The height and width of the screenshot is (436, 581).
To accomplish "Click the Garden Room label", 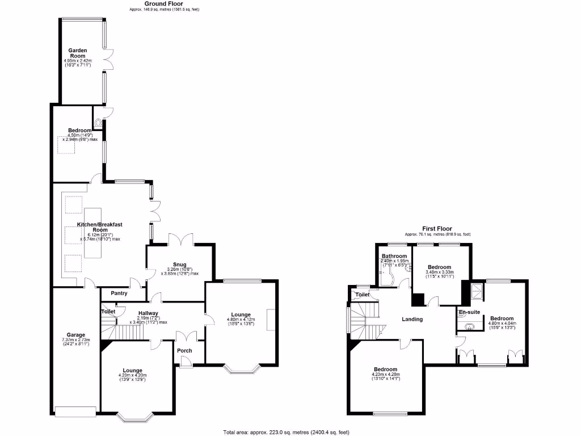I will [78, 53].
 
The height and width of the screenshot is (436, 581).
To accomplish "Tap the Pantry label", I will [119, 294].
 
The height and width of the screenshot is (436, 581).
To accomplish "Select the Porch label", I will [184, 350].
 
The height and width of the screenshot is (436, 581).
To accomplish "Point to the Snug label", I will [180, 263].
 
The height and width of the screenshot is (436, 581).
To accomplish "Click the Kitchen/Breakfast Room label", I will [100, 227].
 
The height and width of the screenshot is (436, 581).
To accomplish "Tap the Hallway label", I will [148, 313].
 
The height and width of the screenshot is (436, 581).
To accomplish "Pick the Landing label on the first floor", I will [412, 319].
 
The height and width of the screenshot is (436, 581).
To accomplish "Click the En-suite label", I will [469, 313].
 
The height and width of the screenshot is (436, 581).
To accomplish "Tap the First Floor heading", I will [437, 229].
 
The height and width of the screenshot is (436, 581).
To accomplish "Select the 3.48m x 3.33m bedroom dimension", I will [439, 274].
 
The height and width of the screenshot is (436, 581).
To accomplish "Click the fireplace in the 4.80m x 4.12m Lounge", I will [271, 318].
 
